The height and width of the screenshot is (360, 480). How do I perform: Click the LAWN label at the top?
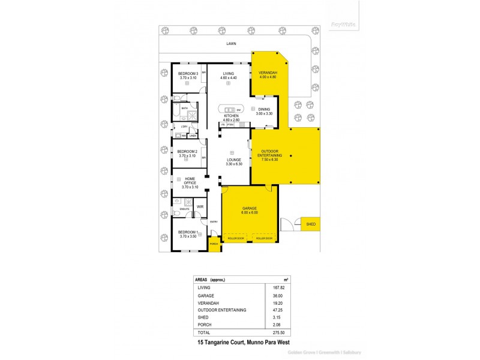[x=231, y=44]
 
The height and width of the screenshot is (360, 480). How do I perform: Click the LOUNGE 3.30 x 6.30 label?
[x=233, y=162]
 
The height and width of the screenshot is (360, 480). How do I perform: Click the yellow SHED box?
[x=310, y=224]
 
